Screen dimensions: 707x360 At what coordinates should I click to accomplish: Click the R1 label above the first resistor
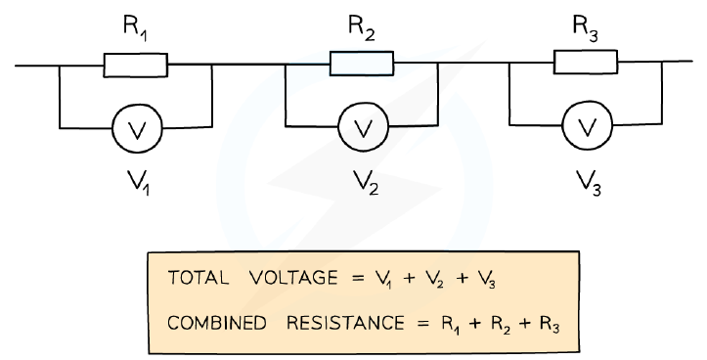tap(135, 29)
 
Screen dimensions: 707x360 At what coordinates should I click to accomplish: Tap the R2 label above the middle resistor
tap(362, 29)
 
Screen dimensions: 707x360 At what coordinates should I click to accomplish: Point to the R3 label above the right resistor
tap(586, 29)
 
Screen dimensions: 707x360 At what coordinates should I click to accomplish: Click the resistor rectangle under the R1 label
tap(136, 65)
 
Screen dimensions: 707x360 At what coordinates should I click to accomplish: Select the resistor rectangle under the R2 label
tap(362, 64)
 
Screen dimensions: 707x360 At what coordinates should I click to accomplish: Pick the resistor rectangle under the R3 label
tap(586, 62)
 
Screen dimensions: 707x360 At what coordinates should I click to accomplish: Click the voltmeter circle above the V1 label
tap(137, 128)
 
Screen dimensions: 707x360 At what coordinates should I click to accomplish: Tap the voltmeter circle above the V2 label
tap(363, 126)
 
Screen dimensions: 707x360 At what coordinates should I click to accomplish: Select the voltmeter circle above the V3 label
tap(587, 125)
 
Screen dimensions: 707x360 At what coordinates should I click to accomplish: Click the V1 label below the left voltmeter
tap(139, 183)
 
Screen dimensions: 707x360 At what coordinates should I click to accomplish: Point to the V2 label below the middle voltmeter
tap(366, 183)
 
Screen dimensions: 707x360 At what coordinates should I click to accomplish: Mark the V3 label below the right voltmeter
tap(589, 183)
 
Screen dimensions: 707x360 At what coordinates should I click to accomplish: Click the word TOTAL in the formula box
tap(198, 278)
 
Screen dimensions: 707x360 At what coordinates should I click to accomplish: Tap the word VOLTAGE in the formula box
tap(293, 278)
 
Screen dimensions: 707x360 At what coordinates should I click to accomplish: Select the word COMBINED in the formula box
tap(216, 323)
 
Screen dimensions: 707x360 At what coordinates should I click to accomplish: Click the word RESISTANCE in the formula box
tap(345, 323)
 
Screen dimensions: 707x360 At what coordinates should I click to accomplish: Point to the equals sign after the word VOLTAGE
tap(358, 278)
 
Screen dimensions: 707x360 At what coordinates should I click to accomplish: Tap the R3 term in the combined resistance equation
tap(551, 325)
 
